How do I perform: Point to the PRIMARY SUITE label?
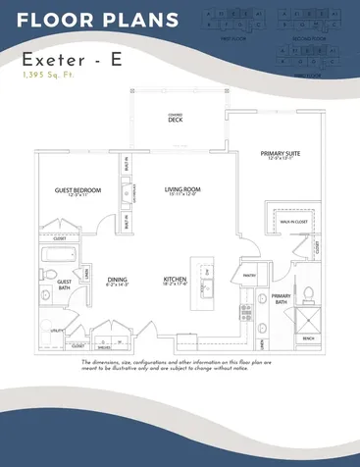coord(281,154)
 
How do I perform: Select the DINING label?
coord(118,280)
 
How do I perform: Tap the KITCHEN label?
coord(176,280)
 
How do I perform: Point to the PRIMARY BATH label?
coord(282,297)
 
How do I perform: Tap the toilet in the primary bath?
coord(307,291)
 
